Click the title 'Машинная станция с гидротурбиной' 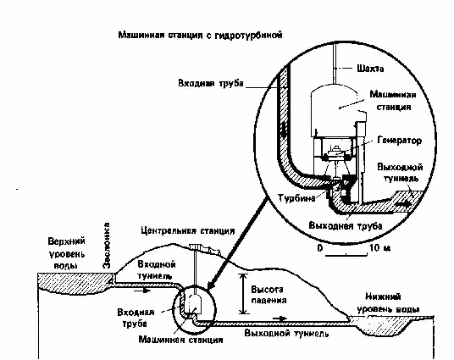click(200, 36)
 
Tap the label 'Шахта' click(370, 69)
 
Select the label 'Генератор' click(400, 141)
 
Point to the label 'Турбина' click(296, 198)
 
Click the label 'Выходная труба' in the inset click(346, 226)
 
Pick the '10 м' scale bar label click(379, 248)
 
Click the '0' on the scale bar click(320, 248)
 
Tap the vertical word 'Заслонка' click(107, 246)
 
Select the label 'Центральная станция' click(188, 231)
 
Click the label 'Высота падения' click(269, 295)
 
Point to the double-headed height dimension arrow click(243, 294)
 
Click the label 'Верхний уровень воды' click(66, 254)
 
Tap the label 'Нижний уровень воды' click(388, 303)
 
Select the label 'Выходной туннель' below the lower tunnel click(286, 333)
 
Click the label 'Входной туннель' click(157, 269)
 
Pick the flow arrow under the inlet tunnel click(142, 291)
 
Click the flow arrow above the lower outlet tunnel click(280, 318)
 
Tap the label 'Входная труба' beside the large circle click(211, 83)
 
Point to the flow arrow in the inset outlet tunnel click(404, 204)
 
